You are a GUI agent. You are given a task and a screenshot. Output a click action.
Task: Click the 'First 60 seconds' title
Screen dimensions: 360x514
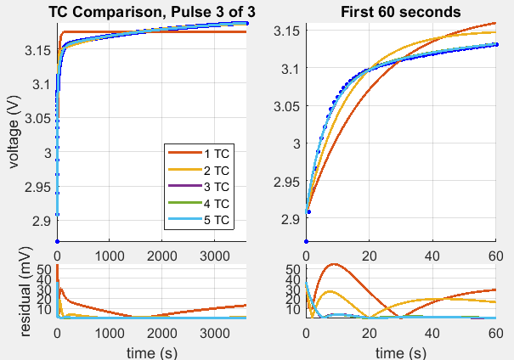coord(399,11)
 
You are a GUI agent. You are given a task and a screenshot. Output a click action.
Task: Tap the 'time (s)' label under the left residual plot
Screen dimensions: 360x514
coord(150,351)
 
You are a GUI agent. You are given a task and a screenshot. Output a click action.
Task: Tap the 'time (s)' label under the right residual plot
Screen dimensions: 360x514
coord(399,351)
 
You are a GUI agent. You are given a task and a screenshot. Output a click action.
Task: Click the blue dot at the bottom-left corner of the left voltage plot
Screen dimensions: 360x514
coord(57,242)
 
